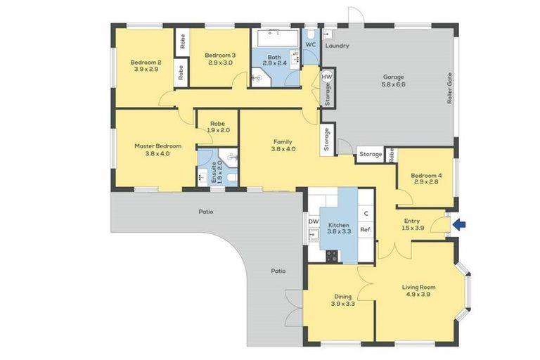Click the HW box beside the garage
pyautogui.click(x=327, y=76)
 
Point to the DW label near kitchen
pyautogui.click(x=314, y=221)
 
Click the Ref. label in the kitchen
pyautogui.click(x=366, y=229)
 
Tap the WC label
pyautogui.click(x=310, y=44)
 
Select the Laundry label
pyautogui.click(x=337, y=46)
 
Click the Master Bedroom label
pyautogui.click(x=157, y=146)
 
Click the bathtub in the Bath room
pyautogui.click(x=276, y=37)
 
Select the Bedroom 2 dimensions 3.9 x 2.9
pyautogui.click(x=144, y=70)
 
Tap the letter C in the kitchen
pyautogui.click(x=366, y=214)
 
